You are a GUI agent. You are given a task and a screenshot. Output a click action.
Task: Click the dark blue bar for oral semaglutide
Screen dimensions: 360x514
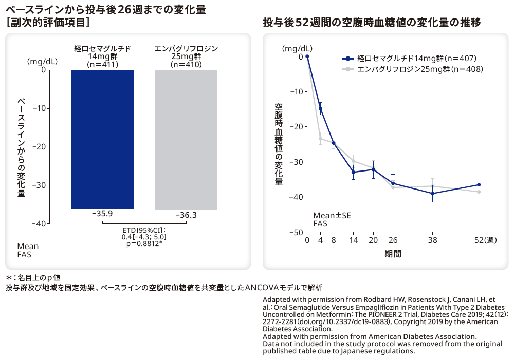point(102,139)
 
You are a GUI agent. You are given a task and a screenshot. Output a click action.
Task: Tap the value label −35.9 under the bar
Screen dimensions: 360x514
point(102,213)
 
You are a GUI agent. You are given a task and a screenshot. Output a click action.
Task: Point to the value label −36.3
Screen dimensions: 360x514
point(186,215)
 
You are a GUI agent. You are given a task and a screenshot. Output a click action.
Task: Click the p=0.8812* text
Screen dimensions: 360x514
point(144,243)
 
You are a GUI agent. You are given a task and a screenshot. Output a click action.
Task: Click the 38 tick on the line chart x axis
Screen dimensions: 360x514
point(433,240)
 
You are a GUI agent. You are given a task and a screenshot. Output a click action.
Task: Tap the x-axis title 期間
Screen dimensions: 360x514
point(393,254)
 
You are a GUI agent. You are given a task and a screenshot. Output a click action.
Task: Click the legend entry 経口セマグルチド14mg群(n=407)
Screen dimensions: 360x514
point(411,58)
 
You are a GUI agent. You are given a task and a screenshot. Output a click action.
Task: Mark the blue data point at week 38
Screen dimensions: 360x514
point(433,194)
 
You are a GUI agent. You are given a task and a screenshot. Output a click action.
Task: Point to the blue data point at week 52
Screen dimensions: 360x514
point(479,184)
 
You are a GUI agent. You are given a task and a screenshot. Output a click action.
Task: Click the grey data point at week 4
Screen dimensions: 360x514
point(321,138)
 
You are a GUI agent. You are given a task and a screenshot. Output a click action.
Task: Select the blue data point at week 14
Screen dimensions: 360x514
point(353,172)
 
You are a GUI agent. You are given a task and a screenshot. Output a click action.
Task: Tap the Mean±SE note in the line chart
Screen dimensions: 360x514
point(332,216)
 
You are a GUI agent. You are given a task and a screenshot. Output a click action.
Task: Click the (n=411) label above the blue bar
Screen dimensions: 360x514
point(103,65)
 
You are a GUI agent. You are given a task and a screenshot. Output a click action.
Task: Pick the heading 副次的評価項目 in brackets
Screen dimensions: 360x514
point(48,22)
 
